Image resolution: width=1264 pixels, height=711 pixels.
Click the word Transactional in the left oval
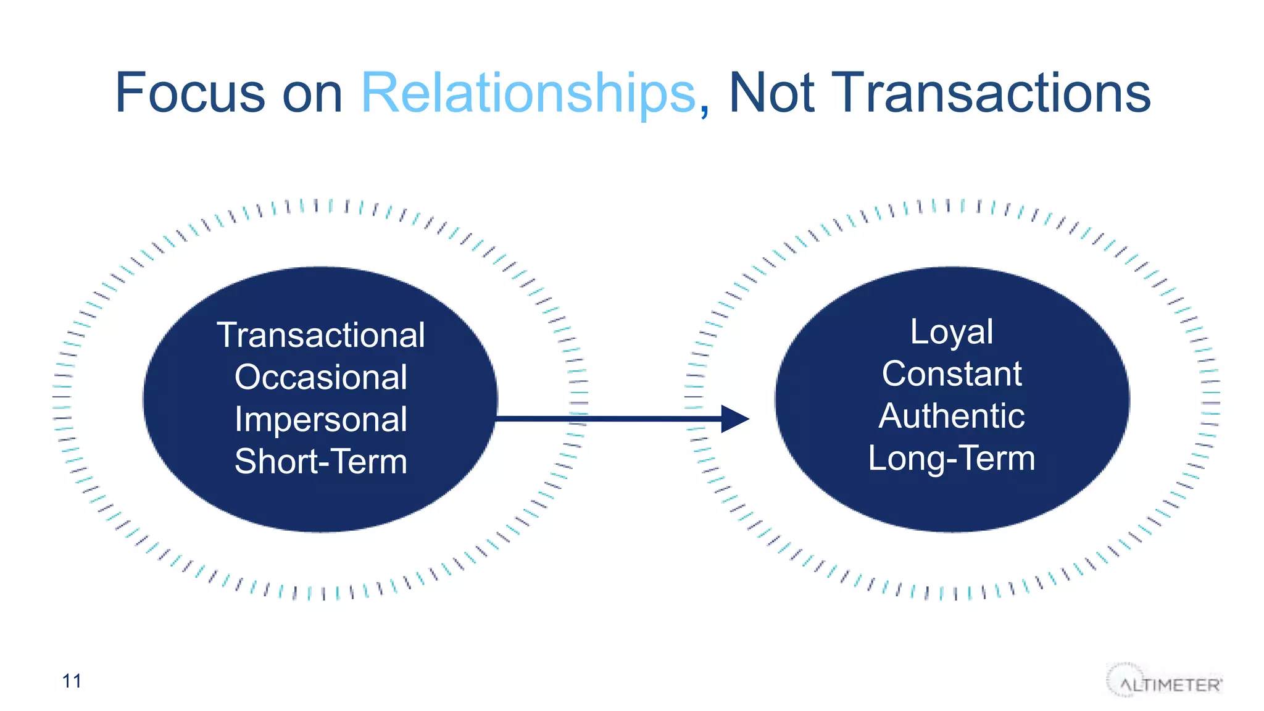tap(321, 335)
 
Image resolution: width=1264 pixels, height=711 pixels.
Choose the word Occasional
tap(321, 377)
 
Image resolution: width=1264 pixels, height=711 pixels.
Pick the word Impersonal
tap(321, 419)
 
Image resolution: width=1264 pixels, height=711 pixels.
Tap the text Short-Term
tap(321, 461)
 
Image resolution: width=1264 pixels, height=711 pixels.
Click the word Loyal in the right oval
tap(952, 332)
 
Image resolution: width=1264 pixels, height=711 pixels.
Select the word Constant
tap(952, 374)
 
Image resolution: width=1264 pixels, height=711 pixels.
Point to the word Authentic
tap(952, 416)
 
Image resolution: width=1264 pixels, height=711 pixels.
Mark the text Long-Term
tap(952, 458)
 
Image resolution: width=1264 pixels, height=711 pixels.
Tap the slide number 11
tap(72, 681)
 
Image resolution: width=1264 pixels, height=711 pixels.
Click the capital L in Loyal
tap(918, 331)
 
